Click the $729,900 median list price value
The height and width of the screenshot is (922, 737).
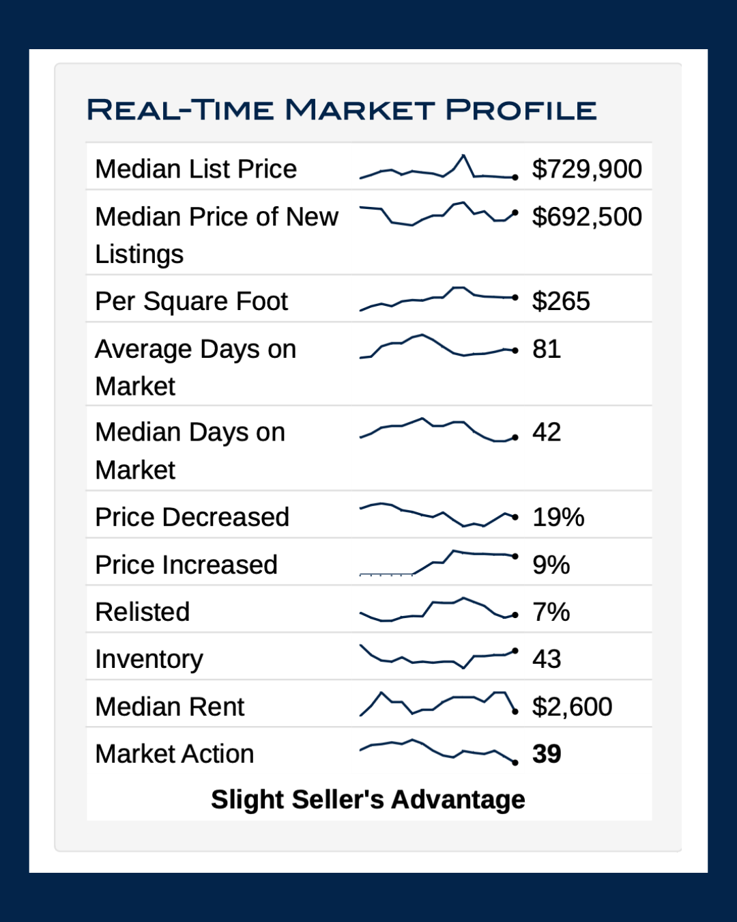point(587,169)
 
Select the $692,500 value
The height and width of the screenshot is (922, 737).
point(587,216)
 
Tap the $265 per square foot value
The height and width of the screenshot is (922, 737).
point(561,301)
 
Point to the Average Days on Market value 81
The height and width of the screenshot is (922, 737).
point(547,349)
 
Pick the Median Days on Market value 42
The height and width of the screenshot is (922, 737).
point(547,432)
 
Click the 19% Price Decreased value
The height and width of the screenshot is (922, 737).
point(558,517)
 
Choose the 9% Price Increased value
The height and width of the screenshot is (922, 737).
point(551,565)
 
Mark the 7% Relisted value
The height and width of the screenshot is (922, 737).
point(551,612)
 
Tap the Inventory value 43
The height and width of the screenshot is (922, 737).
point(547,659)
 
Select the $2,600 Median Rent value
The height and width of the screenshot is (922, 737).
point(572,707)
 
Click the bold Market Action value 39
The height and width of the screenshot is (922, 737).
point(547,754)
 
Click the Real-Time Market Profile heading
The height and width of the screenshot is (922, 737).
point(341,110)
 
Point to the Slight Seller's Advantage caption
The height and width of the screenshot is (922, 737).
point(368,799)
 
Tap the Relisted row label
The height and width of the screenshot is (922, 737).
point(143,612)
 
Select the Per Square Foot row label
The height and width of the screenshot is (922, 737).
point(192,301)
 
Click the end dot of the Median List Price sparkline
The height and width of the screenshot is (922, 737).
point(515,178)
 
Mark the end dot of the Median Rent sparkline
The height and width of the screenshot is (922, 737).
point(515,712)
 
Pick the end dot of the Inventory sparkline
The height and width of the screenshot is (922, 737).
point(515,651)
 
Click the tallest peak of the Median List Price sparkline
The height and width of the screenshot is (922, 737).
point(464,156)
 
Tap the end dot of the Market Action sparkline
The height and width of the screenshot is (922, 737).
point(515,762)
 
